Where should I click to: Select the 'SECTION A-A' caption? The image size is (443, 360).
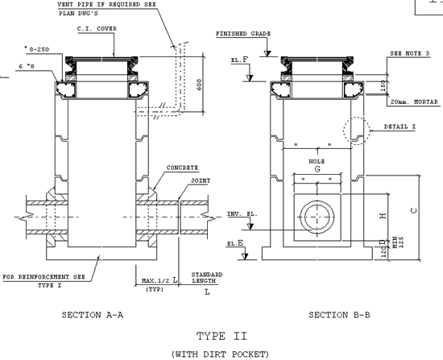(92, 316)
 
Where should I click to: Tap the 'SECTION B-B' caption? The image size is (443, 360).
(339, 316)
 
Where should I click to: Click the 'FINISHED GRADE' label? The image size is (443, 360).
(243, 34)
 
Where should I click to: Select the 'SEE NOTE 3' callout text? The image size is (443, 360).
(409, 53)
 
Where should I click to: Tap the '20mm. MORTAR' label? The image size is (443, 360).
(411, 103)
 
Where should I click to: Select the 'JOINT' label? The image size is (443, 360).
(201, 182)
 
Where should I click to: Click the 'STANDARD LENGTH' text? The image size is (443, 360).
(207, 279)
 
